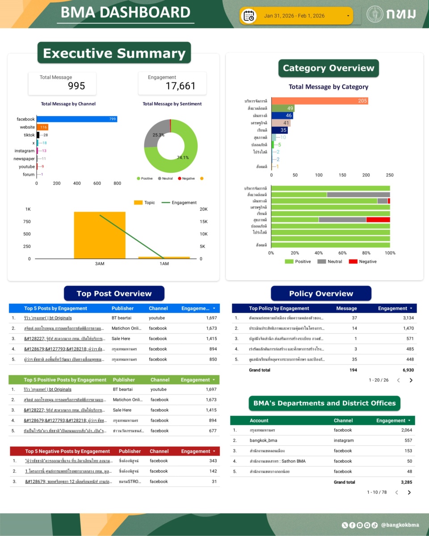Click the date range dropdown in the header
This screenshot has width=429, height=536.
click(297, 16)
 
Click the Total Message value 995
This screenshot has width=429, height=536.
click(76, 86)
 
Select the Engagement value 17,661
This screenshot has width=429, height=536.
click(181, 86)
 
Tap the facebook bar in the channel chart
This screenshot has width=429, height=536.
click(76, 119)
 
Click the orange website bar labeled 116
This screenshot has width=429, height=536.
click(42, 127)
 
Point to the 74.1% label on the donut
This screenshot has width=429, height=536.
click(182, 158)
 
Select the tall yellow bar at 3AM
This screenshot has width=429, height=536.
click(100, 235)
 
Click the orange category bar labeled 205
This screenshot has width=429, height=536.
click(320, 101)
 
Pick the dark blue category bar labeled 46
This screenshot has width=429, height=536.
click(282, 115)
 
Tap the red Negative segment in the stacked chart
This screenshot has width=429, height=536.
click(378, 220)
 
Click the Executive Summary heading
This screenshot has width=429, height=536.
click(114, 53)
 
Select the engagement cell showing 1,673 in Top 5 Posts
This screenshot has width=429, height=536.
click(211, 328)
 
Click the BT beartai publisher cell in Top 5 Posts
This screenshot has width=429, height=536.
click(121, 318)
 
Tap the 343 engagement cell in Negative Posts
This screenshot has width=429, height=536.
click(213, 461)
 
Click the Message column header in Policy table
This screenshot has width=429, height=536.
click(346, 308)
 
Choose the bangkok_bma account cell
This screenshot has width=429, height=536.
click(263, 440)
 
